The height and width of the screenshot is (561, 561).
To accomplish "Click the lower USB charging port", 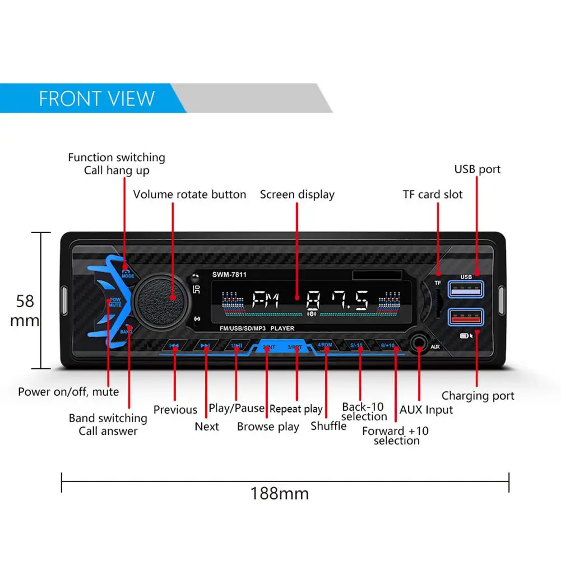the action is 465,318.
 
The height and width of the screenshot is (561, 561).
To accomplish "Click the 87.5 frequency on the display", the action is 337,302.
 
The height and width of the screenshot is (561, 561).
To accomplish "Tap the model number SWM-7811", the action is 229,274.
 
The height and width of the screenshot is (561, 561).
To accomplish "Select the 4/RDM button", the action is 326,346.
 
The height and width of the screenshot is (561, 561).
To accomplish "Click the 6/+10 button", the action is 387,346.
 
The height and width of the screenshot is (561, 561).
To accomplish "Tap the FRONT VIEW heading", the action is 96,99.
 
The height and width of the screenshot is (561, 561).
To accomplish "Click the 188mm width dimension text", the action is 279,494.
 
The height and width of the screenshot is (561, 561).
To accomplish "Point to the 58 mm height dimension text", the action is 25,310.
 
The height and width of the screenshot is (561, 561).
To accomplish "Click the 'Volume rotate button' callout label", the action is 189,194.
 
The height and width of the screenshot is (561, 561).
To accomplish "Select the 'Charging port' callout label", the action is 477,396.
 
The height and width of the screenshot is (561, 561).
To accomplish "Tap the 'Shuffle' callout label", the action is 328,426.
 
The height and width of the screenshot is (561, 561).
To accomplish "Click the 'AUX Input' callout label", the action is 426,410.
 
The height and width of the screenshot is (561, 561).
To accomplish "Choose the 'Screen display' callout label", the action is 297,194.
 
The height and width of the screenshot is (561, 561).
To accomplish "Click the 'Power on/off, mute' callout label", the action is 68,391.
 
